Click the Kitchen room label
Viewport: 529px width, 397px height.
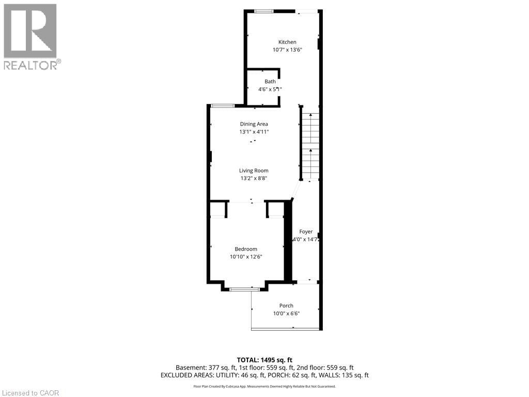pyautogui.click(x=287, y=42)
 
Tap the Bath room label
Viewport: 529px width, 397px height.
pyautogui.click(x=270, y=81)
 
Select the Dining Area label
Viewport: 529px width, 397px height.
pyautogui.click(x=254, y=124)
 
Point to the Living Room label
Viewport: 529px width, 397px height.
pyautogui.click(x=254, y=171)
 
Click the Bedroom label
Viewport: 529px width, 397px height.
pyautogui.click(x=246, y=249)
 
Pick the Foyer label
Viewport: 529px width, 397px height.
pyautogui.click(x=306, y=232)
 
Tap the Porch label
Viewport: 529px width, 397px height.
pyautogui.click(x=286, y=306)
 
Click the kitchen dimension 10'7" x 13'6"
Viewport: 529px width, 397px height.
pyautogui.click(x=287, y=50)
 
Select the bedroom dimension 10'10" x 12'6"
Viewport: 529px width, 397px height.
pyautogui.click(x=246, y=257)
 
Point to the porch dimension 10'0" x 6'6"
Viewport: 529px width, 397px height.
pyautogui.click(x=286, y=314)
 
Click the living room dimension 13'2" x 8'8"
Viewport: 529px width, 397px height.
pyautogui.click(x=254, y=178)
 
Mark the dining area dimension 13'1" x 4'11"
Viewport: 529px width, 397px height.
pyautogui.click(x=254, y=132)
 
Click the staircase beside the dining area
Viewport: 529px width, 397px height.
pyautogui.click(x=310, y=145)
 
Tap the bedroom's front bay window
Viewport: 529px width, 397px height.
pyautogui.click(x=245, y=289)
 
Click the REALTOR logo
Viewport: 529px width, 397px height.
pyautogui.click(x=31, y=36)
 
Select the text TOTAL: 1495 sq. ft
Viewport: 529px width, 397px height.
pyautogui.click(x=264, y=360)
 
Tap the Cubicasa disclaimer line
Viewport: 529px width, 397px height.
pyautogui.click(x=264, y=386)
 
